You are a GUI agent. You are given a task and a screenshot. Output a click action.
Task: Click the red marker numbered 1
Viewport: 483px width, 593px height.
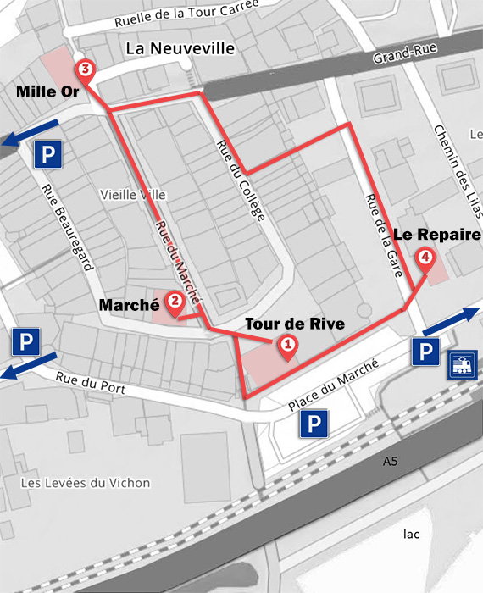click(287, 346)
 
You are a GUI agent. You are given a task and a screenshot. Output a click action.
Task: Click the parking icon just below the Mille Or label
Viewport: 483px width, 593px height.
click(47, 154)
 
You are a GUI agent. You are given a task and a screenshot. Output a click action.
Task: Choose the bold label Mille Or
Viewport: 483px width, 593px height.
click(47, 91)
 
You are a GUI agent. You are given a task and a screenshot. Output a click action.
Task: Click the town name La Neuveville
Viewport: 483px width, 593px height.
click(180, 48)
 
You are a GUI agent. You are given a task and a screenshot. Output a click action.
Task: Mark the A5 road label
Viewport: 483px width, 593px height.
click(390, 462)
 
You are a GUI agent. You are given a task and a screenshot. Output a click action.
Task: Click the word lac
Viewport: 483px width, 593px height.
click(412, 534)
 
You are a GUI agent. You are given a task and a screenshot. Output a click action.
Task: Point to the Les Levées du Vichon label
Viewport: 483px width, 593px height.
click(84, 483)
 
